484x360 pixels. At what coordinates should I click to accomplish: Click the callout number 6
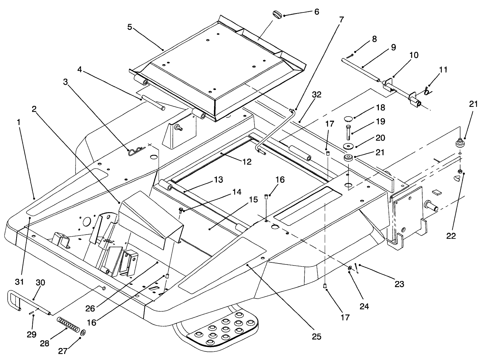coord(316,12)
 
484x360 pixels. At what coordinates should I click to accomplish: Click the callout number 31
coord(20,282)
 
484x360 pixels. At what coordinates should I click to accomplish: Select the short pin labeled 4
coord(153,104)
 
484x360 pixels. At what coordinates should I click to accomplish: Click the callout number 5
coord(130,27)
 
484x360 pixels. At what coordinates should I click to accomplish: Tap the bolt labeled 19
coord(348,132)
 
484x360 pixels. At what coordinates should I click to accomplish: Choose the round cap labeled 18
coord(349,119)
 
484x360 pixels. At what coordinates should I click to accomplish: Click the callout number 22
coord(451,236)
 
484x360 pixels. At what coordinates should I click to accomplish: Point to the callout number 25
coord(316,336)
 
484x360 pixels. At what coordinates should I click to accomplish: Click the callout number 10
coord(414,55)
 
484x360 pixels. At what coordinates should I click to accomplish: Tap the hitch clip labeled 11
coord(427,92)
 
